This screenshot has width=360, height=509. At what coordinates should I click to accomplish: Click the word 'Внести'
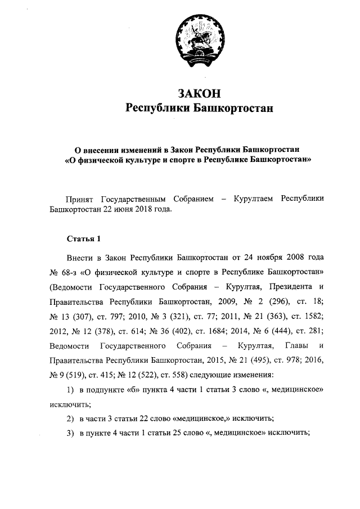tap(80, 258)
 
